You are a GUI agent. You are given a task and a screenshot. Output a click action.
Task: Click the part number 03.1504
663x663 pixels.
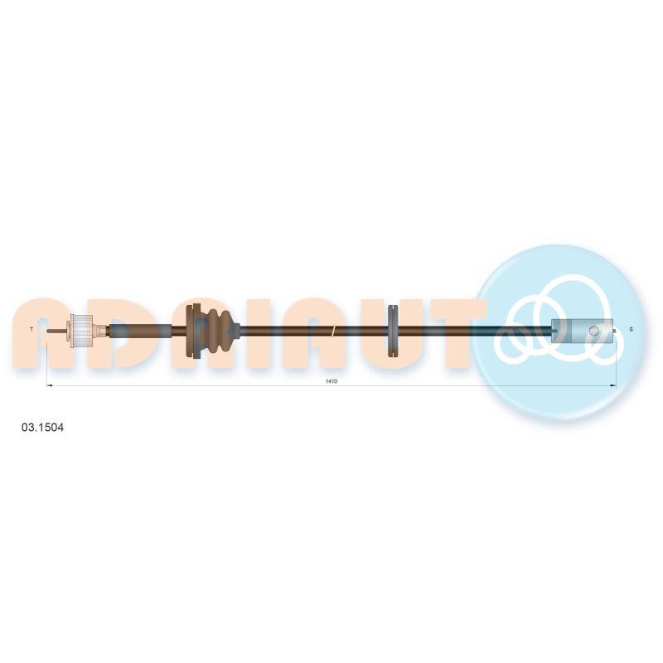[x=42, y=428]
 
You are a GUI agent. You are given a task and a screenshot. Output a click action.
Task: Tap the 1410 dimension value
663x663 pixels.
[x=331, y=381]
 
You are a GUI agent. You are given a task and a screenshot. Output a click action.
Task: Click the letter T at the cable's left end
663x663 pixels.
[x=31, y=329]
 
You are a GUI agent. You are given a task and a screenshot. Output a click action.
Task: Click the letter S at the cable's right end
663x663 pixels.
[x=632, y=329]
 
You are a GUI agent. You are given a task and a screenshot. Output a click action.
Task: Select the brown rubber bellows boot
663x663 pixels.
[x=215, y=330]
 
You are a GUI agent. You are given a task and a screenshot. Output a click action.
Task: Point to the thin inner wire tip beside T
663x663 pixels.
[x=56, y=331]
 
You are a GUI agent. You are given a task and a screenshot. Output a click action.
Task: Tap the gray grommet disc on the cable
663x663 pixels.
[x=393, y=331]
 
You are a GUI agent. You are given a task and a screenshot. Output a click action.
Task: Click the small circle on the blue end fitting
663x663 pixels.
[x=594, y=330]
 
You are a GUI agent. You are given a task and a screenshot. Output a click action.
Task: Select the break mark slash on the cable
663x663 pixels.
[x=333, y=331]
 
